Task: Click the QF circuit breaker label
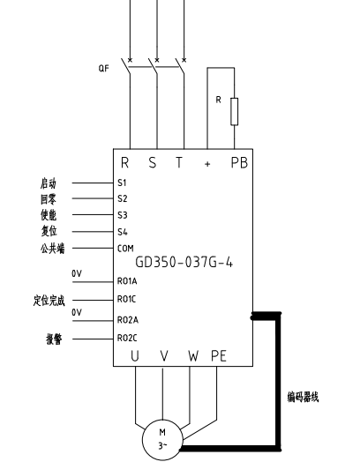point(104,69)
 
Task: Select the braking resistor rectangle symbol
point(234,112)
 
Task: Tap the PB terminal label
point(239,162)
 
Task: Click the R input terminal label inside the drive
point(125,162)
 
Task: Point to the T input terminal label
point(179,162)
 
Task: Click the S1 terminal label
point(122,183)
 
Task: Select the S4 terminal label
point(123,232)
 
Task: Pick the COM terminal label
point(125,249)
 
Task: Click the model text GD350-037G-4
point(184,262)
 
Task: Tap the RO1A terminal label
point(127,281)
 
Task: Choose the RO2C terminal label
point(127,338)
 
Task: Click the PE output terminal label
point(219,356)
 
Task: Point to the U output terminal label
point(135,356)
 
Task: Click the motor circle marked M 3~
point(162,440)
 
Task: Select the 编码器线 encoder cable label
point(304,397)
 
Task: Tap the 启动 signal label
point(49,183)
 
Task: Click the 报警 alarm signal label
point(54,339)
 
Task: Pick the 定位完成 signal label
point(49,301)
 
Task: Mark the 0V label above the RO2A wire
point(77,312)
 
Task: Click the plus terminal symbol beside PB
point(207,164)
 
